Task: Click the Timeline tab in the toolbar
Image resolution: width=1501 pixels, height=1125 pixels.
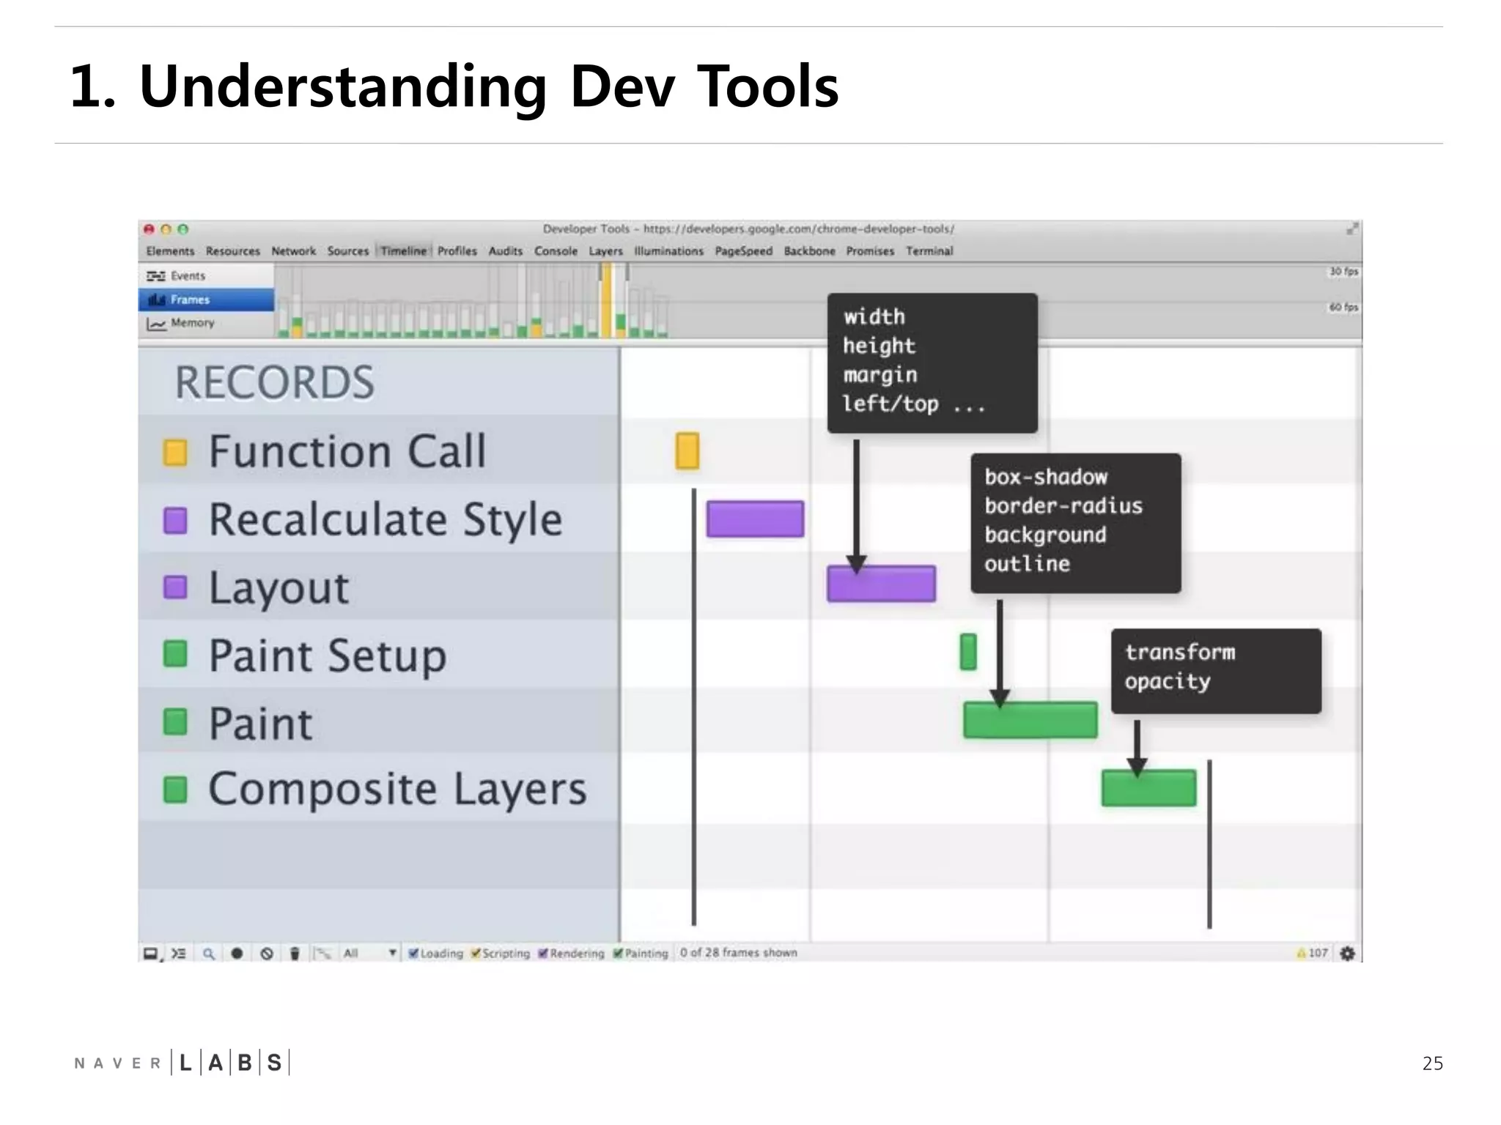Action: [x=403, y=251]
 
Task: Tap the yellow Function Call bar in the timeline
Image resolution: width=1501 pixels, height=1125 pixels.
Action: [x=687, y=450]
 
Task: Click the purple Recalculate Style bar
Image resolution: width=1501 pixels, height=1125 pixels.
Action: [x=755, y=519]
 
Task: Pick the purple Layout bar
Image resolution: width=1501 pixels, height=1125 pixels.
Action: [x=881, y=584]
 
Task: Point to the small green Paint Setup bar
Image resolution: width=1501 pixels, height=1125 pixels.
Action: [x=968, y=652]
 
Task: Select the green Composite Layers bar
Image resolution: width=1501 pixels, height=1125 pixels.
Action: [x=1148, y=788]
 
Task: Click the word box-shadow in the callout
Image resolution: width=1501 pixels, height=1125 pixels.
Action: [x=1046, y=477]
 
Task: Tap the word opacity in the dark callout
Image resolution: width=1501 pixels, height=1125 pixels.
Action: [x=1168, y=682]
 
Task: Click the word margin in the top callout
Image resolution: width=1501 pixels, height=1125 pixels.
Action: [x=879, y=375]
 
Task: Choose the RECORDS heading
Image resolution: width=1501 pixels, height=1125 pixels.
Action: [x=274, y=382]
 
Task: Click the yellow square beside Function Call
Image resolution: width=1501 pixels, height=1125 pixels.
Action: [x=175, y=452]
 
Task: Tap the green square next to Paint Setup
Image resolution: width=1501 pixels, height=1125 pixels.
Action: [x=175, y=654]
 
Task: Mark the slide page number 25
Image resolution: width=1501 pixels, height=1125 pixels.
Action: [x=1432, y=1063]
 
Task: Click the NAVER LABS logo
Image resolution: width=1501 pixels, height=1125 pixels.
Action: [x=182, y=1063]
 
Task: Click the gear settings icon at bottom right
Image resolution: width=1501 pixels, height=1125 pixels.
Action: [x=1347, y=953]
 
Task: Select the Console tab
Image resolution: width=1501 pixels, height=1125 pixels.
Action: [x=556, y=251]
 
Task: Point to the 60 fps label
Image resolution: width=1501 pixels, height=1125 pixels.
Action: [x=1343, y=307]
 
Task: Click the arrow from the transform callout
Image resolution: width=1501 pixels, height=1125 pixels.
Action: [x=1137, y=747]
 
